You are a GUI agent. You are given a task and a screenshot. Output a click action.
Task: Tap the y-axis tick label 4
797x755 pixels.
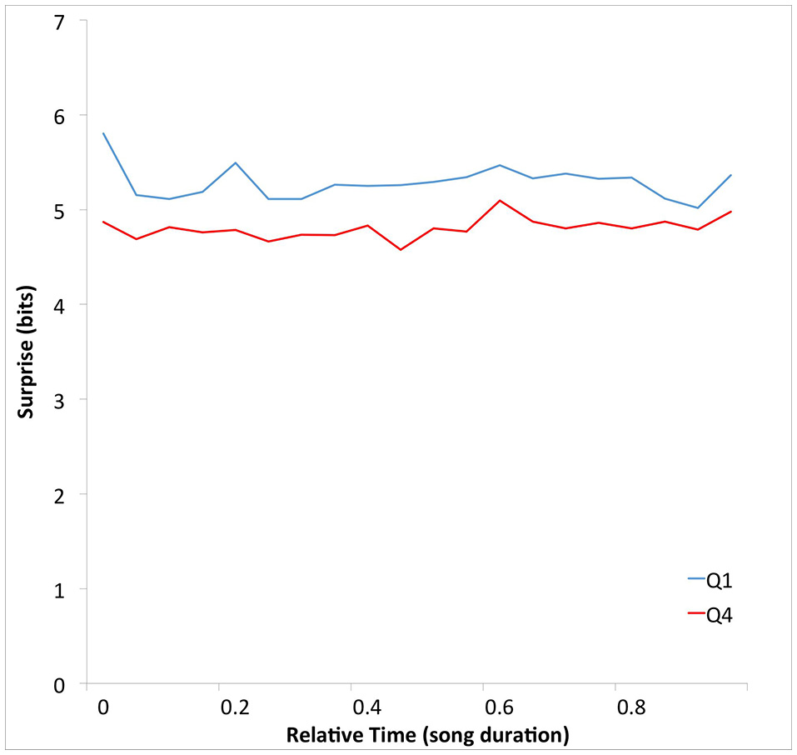pyautogui.click(x=58, y=305)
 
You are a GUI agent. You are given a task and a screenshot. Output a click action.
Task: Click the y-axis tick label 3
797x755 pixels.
pyautogui.click(x=58, y=400)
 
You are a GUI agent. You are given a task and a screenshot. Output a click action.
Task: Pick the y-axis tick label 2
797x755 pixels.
pyautogui.click(x=58, y=495)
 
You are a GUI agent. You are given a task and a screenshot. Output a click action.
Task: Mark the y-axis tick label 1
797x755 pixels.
pyautogui.click(x=58, y=589)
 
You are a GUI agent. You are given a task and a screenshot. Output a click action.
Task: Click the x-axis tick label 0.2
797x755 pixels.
pyautogui.click(x=235, y=707)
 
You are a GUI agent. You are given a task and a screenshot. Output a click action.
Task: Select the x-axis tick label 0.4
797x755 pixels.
pyautogui.click(x=366, y=707)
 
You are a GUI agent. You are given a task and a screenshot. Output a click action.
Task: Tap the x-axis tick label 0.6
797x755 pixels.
pyautogui.click(x=499, y=707)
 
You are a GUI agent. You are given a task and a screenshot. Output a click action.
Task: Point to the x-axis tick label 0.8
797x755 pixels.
pyautogui.click(x=631, y=707)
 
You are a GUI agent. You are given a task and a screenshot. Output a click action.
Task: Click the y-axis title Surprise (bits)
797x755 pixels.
pyautogui.click(x=28, y=352)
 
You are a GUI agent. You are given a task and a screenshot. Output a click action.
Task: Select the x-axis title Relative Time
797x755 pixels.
pyautogui.click(x=427, y=735)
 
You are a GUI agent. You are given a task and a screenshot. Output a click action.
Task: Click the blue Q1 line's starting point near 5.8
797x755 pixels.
pyautogui.click(x=103, y=133)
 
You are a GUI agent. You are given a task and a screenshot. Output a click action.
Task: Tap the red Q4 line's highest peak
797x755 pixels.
pyautogui.click(x=500, y=200)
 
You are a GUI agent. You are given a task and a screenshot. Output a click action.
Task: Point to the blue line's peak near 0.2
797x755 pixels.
pyautogui.click(x=236, y=162)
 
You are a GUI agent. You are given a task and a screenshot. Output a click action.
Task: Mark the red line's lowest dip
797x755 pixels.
pyautogui.click(x=401, y=249)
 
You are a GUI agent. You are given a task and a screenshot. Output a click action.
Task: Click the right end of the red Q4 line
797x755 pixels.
pyautogui.click(x=731, y=212)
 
